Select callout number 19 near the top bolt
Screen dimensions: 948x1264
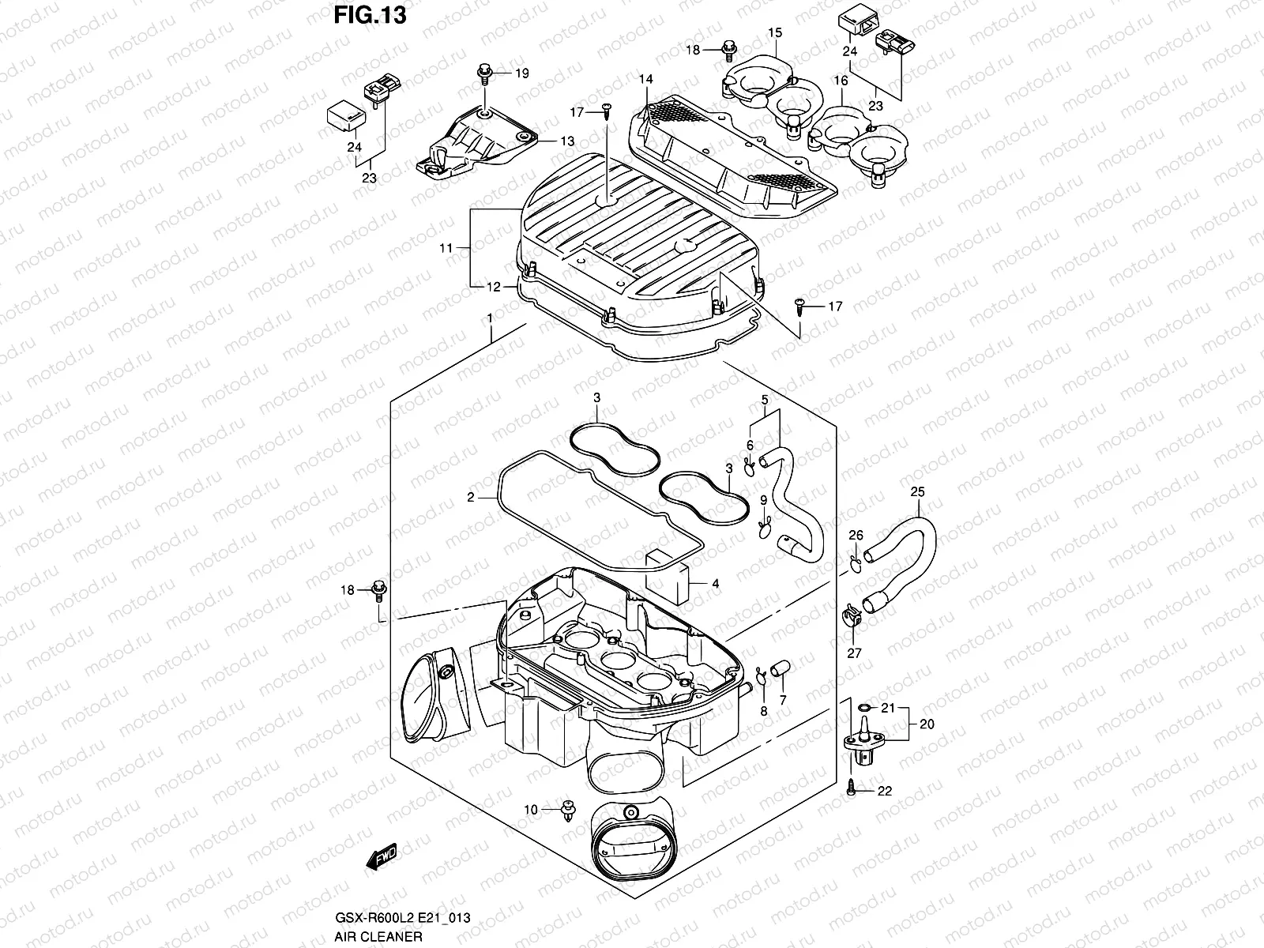pos(522,73)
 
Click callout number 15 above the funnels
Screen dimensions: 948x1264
pos(775,32)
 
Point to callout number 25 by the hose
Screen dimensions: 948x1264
pos(917,491)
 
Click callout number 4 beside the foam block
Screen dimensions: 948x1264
pos(715,584)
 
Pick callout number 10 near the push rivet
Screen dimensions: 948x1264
pos(531,809)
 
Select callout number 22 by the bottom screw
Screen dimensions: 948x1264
pos(885,791)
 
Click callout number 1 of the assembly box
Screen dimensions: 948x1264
pos(490,317)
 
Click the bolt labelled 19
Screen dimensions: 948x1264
pos(484,74)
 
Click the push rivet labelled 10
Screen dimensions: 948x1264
pos(566,811)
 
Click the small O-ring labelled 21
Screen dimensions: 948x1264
pos(864,707)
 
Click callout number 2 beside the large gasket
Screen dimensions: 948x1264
pos(470,498)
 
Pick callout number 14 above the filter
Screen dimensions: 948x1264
pos(646,79)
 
